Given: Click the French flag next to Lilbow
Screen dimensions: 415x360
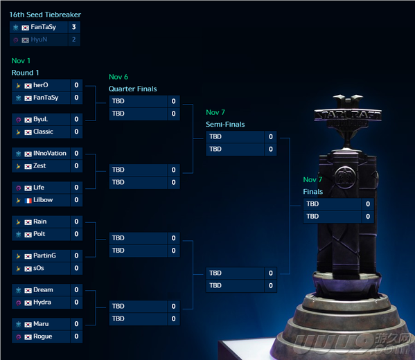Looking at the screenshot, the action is coord(28,201).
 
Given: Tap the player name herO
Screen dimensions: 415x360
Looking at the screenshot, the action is coord(41,85).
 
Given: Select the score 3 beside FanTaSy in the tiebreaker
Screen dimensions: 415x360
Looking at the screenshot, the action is coord(74,27).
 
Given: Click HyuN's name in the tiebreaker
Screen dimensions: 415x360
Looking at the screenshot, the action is coord(39,39).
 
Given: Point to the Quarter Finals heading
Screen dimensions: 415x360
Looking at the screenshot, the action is coord(132,89).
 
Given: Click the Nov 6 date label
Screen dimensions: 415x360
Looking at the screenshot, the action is coord(118,77).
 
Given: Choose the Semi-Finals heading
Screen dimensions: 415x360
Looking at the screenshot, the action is coord(225,125).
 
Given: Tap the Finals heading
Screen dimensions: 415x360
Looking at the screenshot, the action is coord(313,192).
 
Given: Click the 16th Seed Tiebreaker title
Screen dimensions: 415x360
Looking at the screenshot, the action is coord(45,15).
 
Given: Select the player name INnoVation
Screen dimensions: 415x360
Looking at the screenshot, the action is coord(50,153).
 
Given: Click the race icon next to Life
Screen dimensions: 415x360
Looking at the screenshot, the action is coord(18,188).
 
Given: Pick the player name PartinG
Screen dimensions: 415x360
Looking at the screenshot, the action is coord(44,255).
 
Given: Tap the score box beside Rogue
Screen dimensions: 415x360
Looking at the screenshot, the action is coord(76,336).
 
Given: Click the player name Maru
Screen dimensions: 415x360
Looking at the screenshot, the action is coord(41,324).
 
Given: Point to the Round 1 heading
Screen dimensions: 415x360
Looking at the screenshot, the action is coord(25,73).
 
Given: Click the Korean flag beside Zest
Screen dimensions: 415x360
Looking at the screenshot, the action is coord(28,166).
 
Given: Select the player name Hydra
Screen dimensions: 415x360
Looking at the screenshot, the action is coord(42,302).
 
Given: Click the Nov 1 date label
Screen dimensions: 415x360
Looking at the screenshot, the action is coord(21,61).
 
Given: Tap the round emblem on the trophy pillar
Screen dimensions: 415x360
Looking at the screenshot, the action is coord(345,177).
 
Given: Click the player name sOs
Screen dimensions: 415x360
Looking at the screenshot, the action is coord(39,268).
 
